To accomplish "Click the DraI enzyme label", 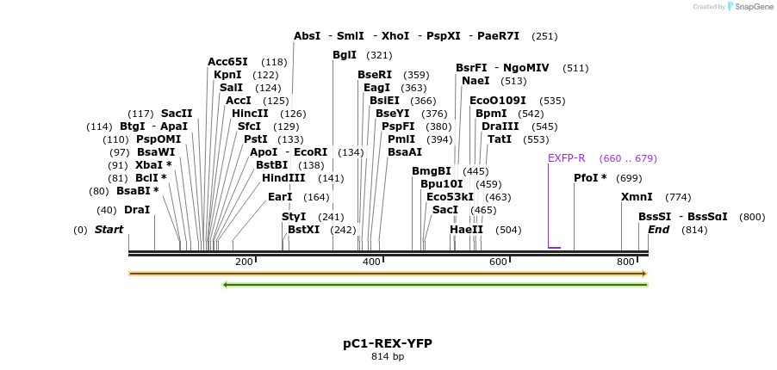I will coord(137,209).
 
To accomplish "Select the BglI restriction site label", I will coord(345,55).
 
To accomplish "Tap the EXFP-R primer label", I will coord(566,158).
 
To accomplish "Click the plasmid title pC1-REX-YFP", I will coord(388,343).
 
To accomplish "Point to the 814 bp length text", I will coord(388,357).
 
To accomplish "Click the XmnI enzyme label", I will coord(637,197).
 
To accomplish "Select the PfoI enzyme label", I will coord(590,178).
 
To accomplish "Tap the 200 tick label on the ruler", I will coord(244,262).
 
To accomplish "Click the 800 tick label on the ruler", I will coord(626,262).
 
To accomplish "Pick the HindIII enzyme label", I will coord(283,178).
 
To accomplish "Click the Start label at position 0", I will coord(109,230).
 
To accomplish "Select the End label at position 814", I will coord(659,230).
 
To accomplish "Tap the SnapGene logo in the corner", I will coord(749,7).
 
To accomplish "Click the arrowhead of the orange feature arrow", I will coord(643,274).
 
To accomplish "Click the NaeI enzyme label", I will coord(476,81).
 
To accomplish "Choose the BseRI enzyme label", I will coord(375,75).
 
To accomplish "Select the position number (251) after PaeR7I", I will coord(544,36).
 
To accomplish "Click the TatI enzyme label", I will coord(500,139).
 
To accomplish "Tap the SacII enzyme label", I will coord(177,114).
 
